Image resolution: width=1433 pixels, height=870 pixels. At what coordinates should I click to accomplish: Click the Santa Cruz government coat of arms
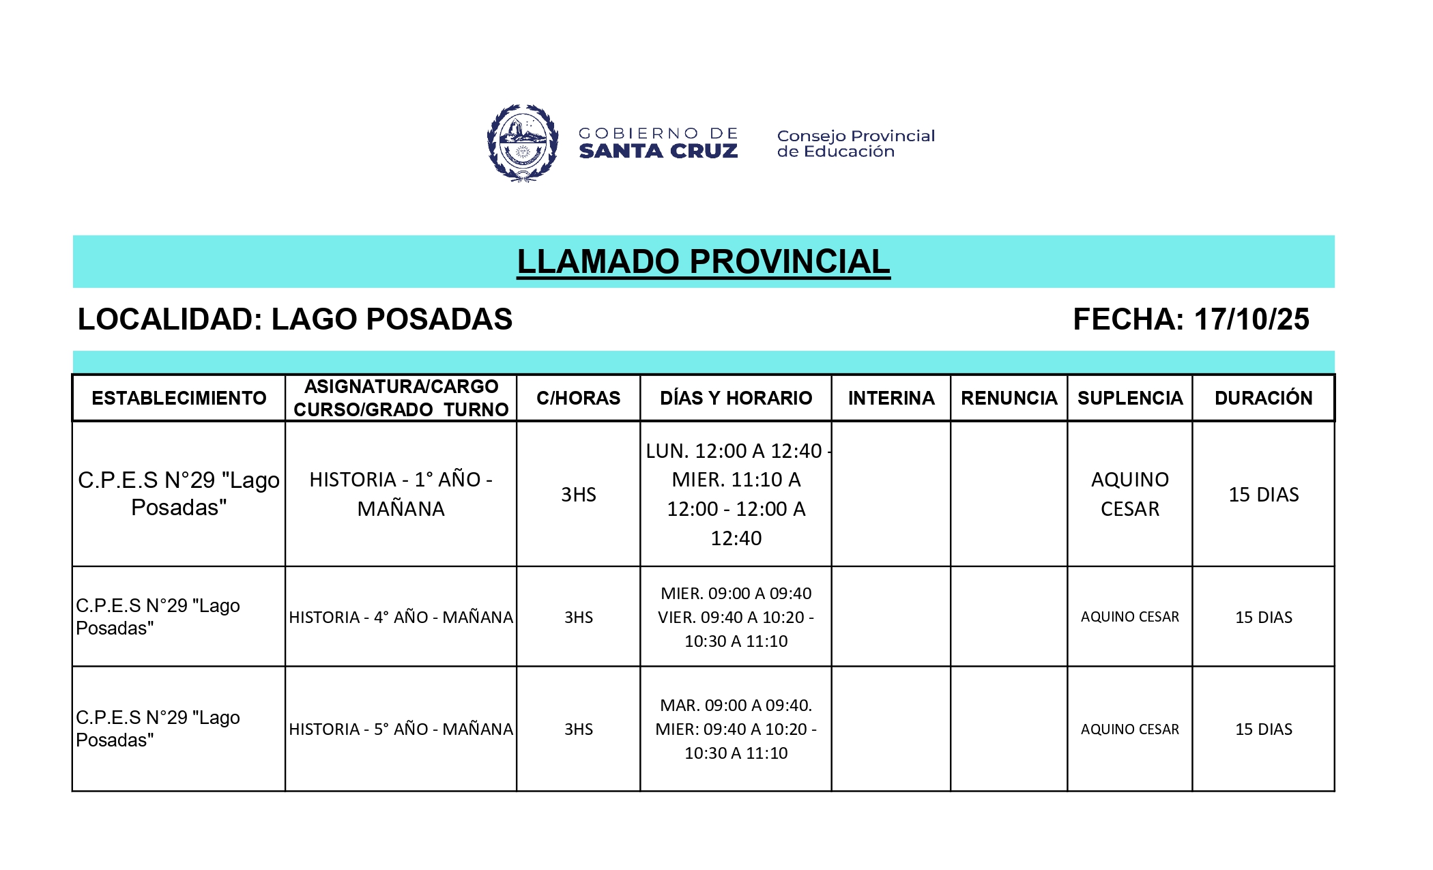pyautogui.click(x=523, y=143)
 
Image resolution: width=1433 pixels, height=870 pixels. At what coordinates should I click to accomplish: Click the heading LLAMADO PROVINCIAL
pyautogui.click(x=703, y=262)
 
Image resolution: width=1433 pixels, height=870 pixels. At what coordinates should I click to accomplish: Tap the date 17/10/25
pyautogui.click(x=1251, y=319)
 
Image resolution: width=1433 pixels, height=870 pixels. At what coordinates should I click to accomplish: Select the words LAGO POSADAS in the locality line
pyautogui.click(x=392, y=319)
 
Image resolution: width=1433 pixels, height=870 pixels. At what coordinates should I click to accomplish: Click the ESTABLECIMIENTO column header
pyautogui.click(x=179, y=398)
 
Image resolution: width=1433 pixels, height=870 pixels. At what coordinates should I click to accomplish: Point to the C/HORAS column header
pyautogui.click(x=578, y=398)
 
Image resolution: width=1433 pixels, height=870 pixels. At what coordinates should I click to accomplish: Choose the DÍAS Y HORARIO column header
pyautogui.click(x=736, y=398)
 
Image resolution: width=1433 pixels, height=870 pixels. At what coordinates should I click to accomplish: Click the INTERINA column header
pyautogui.click(x=891, y=398)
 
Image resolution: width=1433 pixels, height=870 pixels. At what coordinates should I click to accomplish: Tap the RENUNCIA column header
pyautogui.click(x=1009, y=398)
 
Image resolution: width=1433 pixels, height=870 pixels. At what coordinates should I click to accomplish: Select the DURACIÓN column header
pyautogui.click(x=1263, y=398)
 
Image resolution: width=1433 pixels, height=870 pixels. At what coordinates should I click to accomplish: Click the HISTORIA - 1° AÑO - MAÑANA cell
pyautogui.click(x=401, y=494)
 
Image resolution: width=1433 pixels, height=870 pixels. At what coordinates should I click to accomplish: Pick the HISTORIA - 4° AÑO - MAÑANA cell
pyautogui.click(x=401, y=617)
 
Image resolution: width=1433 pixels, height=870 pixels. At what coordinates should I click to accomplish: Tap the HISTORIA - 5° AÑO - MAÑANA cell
pyautogui.click(x=401, y=729)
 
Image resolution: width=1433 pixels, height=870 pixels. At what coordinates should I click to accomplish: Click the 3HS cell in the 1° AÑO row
pyautogui.click(x=578, y=494)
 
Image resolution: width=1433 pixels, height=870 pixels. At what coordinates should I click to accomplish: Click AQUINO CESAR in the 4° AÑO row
pyautogui.click(x=1129, y=617)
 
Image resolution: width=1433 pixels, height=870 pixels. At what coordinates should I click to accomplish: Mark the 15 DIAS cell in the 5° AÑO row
pyautogui.click(x=1263, y=729)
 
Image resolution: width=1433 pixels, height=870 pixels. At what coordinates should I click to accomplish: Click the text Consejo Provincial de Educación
pyautogui.click(x=856, y=143)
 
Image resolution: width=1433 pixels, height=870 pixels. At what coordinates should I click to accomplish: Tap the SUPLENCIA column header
pyautogui.click(x=1129, y=398)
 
